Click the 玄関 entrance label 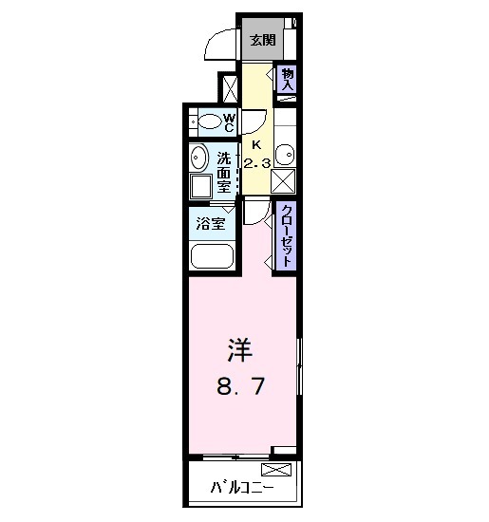pos(263,40)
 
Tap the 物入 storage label pos(288,79)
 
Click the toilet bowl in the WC pos(206,122)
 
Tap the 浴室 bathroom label pos(211,224)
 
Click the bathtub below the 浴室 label pos(211,256)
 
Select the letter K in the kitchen pos(255,144)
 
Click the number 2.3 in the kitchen pos(257,163)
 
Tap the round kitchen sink pos(286,154)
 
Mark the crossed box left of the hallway pos(229,87)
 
